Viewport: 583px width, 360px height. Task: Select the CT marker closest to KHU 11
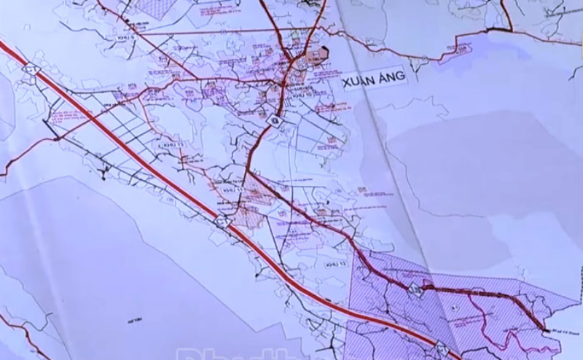coord(222,221)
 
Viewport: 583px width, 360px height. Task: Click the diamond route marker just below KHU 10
coord(275,120)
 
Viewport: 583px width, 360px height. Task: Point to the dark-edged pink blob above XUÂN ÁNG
coord(321,53)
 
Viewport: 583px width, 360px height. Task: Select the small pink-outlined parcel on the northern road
coord(461,48)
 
